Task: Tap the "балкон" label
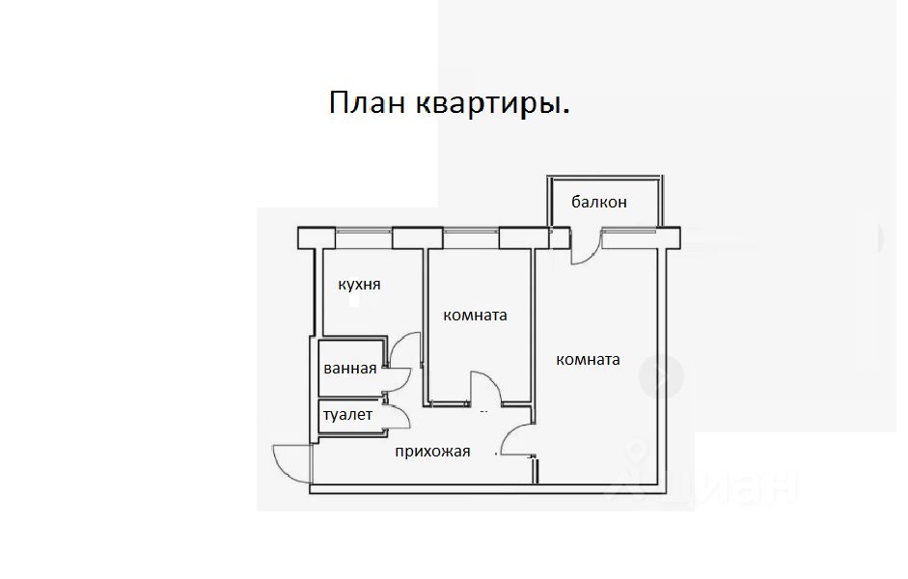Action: coord(598,202)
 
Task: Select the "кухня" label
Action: coord(358,285)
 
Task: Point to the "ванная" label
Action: coord(349,368)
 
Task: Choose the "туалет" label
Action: coord(347,414)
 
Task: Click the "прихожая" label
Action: coord(432,450)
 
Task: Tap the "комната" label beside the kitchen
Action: coord(475,315)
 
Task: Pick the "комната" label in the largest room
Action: coord(588,360)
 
